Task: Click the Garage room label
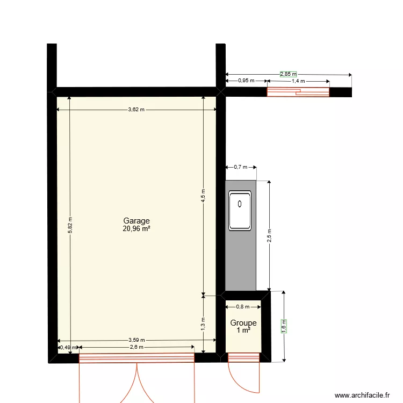point(136,220)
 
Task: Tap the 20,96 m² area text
point(136,228)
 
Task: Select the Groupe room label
point(243,323)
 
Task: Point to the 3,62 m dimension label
point(136,110)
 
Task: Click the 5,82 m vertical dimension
point(70,225)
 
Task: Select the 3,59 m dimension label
point(136,340)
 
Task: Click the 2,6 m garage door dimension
point(136,347)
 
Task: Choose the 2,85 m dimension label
point(288,74)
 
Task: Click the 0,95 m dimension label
point(246,81)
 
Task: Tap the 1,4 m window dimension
point(298,81)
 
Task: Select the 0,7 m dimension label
point(241,167)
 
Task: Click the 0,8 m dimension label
point(243,307)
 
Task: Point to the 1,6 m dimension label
point(284,326)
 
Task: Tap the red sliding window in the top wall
point(298,92)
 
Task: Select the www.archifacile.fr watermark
point(362,395)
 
